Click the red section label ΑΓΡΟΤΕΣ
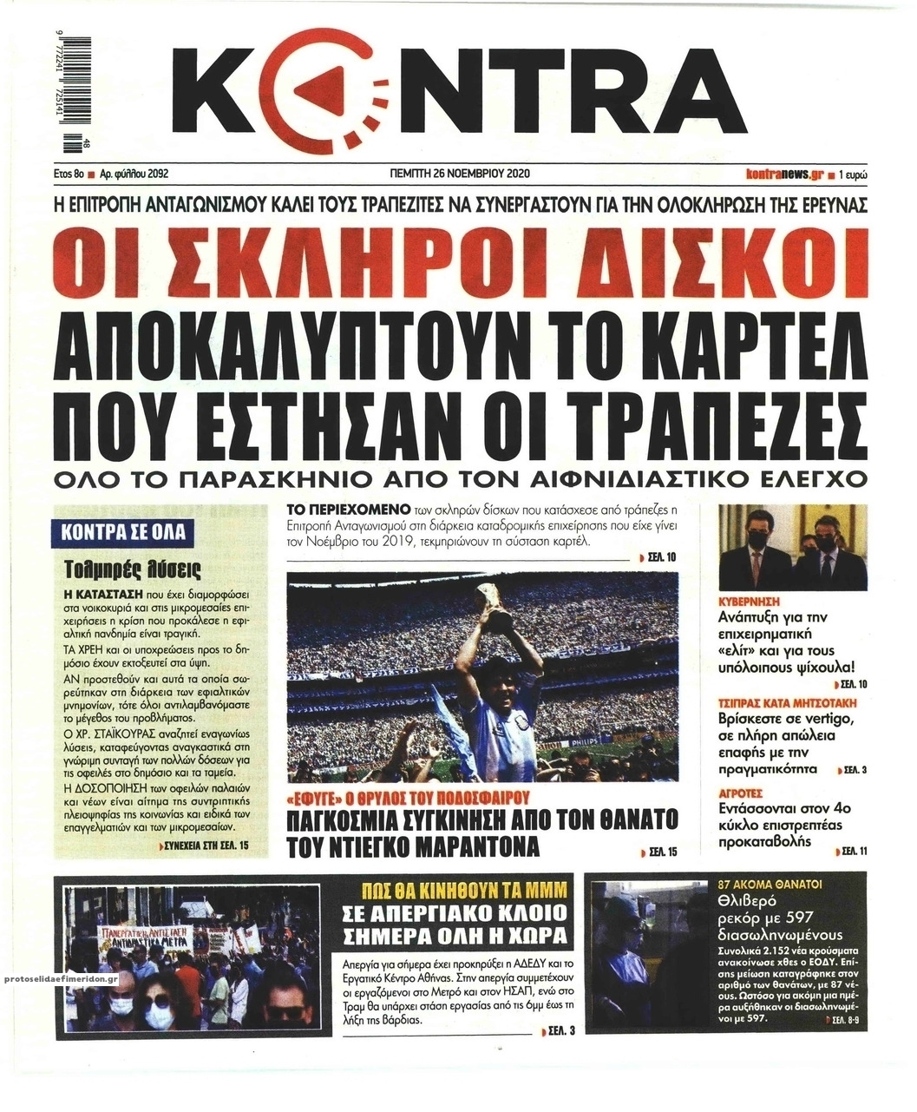pyautogui.click(x=741, y=793)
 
